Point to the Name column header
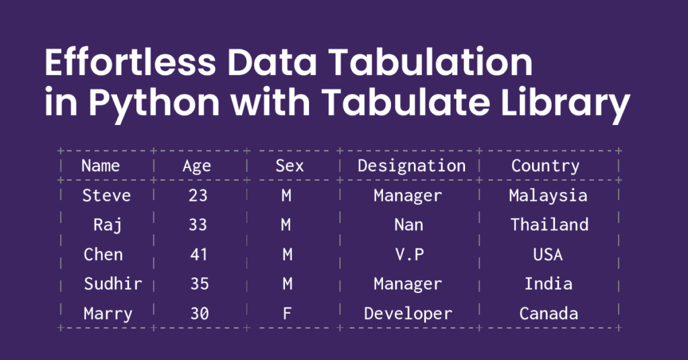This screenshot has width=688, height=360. tap(100, 165)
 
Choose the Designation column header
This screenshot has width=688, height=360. tap(411, 165)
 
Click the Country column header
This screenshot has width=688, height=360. tap(545, 165)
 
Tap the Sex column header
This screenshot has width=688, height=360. tap(290, 165)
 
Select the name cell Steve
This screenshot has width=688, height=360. tap(106, 195)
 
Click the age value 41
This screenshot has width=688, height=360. tap(198, 255)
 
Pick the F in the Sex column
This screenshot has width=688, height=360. tap(287, 313)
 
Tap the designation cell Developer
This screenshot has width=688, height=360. tap(408, 313)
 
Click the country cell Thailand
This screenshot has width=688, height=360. tap(549, 224)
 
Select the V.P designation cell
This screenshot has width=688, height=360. tap(408, 255)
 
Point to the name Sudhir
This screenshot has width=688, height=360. tap(113, 283)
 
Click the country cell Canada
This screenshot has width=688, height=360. tap(548, 313)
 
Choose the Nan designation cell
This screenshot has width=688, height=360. tap(408, 224)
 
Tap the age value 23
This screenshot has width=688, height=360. tap(198, 195)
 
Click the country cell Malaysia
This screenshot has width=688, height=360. tap(548, 195)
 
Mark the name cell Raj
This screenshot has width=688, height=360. tap(107, 225)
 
